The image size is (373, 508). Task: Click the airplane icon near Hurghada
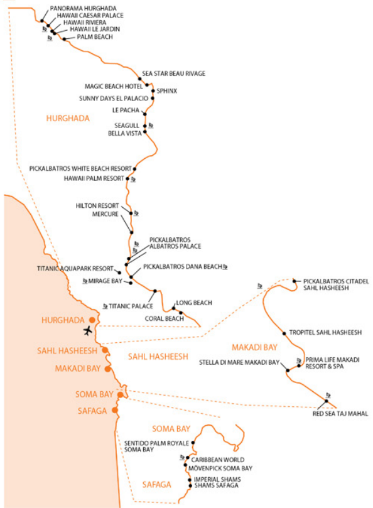click(87, 331)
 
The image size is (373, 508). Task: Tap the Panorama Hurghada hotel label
click(83, 8)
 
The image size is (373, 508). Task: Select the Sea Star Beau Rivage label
click(174, 74)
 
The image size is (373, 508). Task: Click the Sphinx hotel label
click(167, 91)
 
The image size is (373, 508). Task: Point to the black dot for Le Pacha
click(145, 114)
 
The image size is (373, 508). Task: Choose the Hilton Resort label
click(97, 206)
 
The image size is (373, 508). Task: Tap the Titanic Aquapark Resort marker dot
click(119, 273)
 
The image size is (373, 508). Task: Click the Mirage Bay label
click(105, 281)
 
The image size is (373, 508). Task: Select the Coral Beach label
click(165, 319)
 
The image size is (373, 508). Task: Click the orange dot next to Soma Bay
click(120, 394)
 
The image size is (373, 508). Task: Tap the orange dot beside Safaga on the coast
click(115, 410)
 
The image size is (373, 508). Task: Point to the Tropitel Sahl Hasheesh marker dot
click(284, 333)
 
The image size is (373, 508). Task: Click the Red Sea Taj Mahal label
click(340, 414)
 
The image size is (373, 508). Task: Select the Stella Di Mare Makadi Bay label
click(239, 362)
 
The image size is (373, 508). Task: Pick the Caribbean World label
click(218, 460)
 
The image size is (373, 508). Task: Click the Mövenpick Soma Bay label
click(220, 468)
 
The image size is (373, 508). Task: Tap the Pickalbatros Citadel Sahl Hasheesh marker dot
click(295, 281)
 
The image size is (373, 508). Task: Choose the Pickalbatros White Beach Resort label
click(80, 169)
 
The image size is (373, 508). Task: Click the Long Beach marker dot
click(173, 308)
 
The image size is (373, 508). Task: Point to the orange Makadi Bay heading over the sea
click(254, 348)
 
